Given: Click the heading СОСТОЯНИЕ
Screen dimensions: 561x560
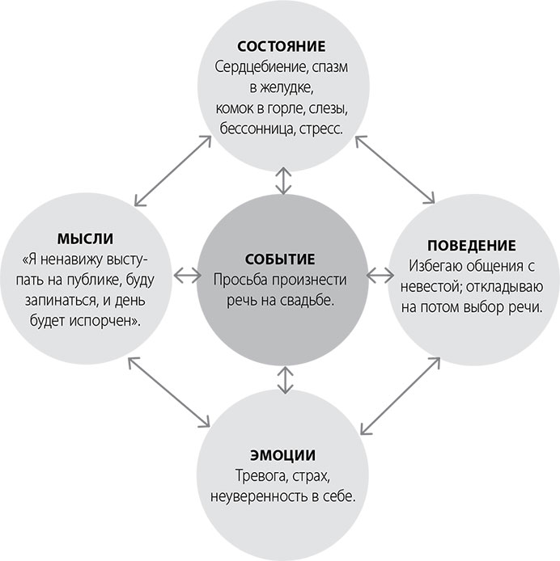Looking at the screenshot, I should [282, 45].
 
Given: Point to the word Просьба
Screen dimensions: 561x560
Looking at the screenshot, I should [241, 280].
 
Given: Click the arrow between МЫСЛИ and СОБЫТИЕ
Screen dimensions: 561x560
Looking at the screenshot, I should [187, 275].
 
